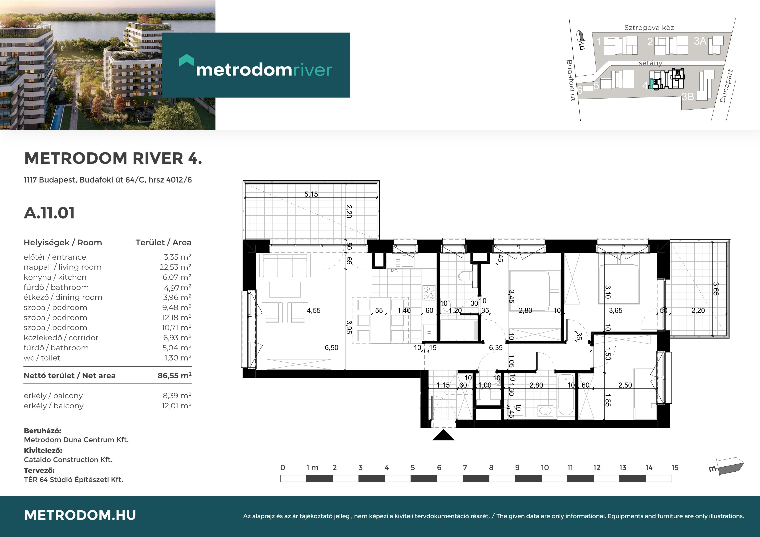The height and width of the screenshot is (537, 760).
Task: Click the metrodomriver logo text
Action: (264, 70)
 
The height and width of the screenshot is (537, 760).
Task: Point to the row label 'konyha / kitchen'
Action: (55, 277)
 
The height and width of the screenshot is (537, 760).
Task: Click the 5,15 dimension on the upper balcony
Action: (311, 194)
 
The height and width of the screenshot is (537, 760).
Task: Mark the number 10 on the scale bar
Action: (545, 467)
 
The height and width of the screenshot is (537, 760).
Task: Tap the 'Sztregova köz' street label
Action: (649, 28)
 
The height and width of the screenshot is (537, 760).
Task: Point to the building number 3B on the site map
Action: (687, 96)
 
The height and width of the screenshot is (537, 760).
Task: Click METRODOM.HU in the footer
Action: (80, 515)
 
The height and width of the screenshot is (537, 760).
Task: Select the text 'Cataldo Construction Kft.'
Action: (68, 459)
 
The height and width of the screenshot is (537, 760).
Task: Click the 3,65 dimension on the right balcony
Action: (715, 289)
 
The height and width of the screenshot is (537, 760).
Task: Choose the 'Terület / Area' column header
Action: (163, 243)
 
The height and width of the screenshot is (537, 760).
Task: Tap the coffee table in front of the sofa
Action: (285, 290)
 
